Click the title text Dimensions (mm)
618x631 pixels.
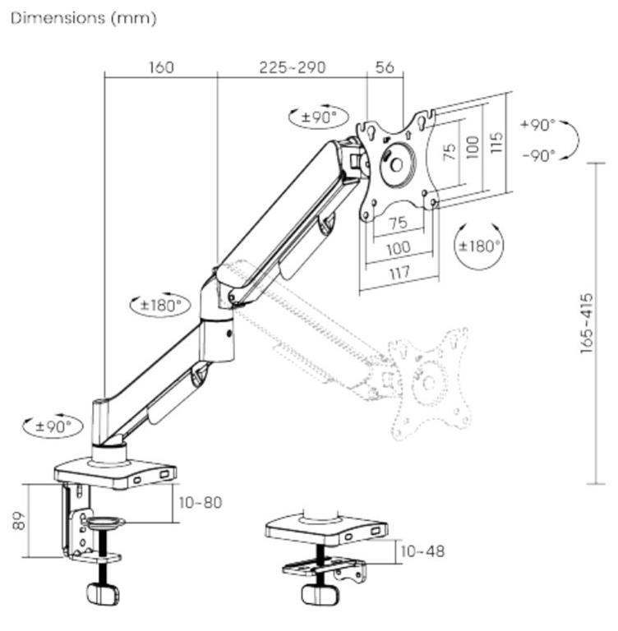83,17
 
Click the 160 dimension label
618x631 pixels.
161,67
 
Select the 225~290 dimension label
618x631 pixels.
292,67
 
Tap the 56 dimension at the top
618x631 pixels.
385,67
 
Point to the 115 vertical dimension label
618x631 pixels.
496,147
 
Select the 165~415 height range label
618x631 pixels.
587,323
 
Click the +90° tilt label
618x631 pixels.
538,125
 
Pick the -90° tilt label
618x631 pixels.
538,154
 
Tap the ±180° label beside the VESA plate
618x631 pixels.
480,245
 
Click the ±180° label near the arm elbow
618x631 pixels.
160,305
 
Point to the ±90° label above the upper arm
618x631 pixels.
319,117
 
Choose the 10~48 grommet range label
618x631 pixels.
423,550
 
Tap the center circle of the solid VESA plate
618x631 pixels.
396,163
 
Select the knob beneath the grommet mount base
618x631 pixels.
316,594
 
